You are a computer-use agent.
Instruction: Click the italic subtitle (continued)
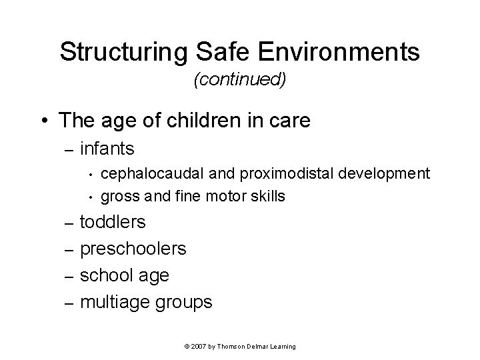click(239, 80)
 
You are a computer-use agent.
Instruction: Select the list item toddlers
click(113, 222)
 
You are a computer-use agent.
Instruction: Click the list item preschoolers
click(133, 249)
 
